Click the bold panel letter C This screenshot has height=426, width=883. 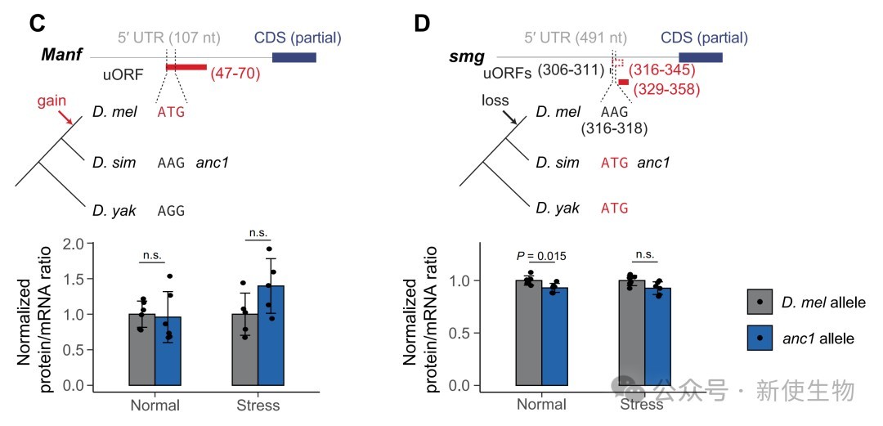37,23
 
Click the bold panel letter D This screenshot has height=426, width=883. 422,23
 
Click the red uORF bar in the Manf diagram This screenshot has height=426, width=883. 186,66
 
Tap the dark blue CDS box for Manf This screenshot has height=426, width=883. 294,56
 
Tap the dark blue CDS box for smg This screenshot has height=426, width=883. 701,56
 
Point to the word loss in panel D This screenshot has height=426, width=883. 494,100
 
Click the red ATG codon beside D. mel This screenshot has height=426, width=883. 171,112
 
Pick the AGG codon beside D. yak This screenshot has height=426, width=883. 171,210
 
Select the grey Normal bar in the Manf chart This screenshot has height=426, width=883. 141,349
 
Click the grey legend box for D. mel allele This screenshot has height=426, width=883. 760,302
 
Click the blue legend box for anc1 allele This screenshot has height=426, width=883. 760,337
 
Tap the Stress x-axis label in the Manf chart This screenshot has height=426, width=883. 257,405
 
